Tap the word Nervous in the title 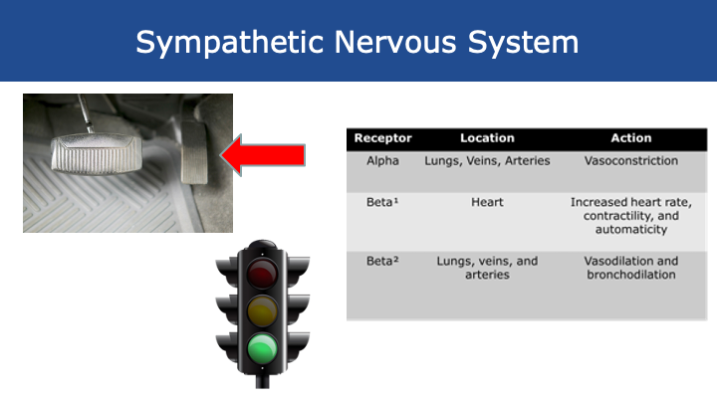point(365,42)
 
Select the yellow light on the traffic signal point(264,310)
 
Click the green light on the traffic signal point(264,349)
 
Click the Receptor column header point(382,138)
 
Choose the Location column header point(487,138)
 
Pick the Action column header point(630,138)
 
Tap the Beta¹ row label point(382,202)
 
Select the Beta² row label point(382,261)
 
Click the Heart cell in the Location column point(487,202)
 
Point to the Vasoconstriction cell point(630,160)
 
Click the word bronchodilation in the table point(630,275)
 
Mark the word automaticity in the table point(630,229)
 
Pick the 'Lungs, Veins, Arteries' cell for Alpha point(487,160)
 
